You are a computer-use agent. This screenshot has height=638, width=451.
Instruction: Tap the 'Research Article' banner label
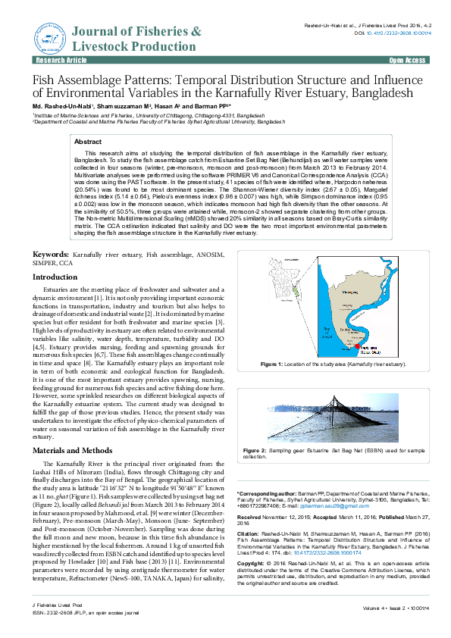(55, 59)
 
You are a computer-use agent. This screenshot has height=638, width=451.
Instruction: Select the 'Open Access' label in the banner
(407, 59)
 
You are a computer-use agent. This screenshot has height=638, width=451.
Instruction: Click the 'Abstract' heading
(89, 142)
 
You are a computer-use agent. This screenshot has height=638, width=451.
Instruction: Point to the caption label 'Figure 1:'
(271, 364)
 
